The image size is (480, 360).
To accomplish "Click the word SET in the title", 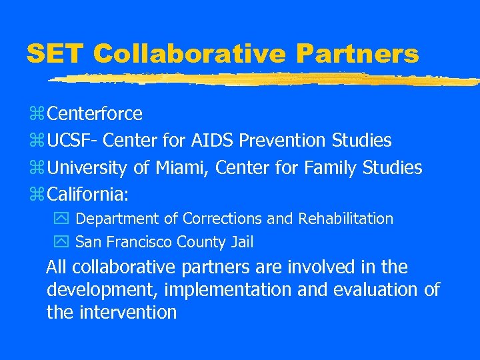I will click(x=56, y=53).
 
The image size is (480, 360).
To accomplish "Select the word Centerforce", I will click(x=94, y=114).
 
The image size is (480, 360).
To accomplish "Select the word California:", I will click(x=89, y=195).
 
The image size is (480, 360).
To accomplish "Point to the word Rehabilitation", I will click(x=346, y=219).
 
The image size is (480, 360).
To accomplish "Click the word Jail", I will click(x=241, y=242).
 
